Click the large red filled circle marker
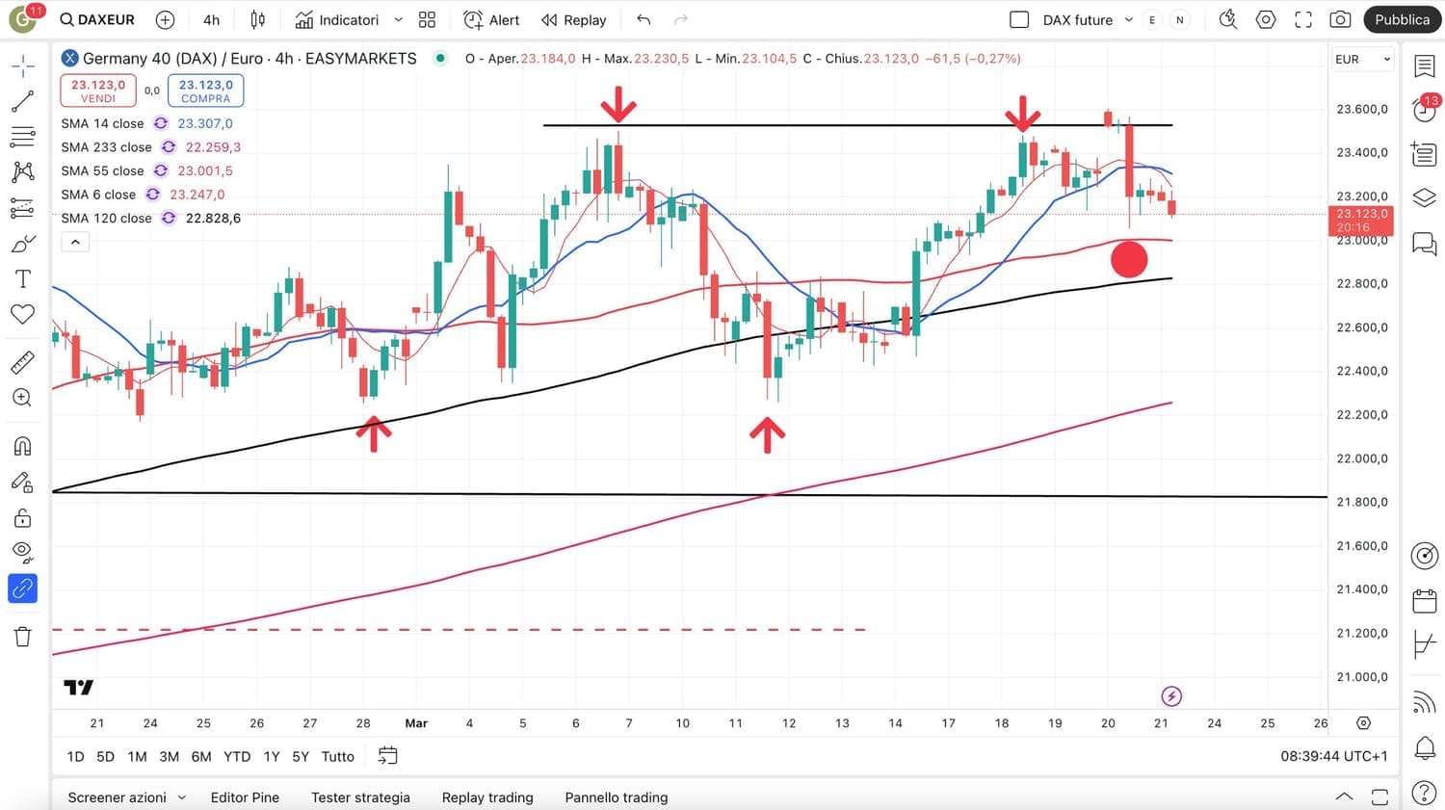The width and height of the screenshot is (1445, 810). (1129, 259)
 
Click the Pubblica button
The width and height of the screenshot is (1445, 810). (1402, 19)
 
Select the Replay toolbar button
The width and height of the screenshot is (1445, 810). (574, 20)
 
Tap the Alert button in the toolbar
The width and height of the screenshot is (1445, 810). (491, 20)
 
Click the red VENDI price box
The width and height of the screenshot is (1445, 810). (98, 91)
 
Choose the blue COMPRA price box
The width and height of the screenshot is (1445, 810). (205, 91)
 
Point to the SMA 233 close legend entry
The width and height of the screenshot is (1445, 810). (106, 147)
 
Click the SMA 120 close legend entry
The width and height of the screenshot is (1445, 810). (106, 219)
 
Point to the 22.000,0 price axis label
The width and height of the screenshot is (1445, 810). (1362, 458)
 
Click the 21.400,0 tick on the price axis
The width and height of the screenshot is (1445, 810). (1362, 589)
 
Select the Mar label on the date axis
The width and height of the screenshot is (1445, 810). (416, 723)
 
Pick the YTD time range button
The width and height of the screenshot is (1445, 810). (237, 757)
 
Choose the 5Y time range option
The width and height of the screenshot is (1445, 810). (301, 757)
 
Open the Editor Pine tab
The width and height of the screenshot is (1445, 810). (245, 797)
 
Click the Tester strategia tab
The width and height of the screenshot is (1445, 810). (360, 797)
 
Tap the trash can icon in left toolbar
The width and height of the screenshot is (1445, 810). (23, 637)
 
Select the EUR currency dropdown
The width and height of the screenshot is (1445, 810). (1362, 59)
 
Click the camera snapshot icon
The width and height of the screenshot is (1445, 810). (1339, 20)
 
